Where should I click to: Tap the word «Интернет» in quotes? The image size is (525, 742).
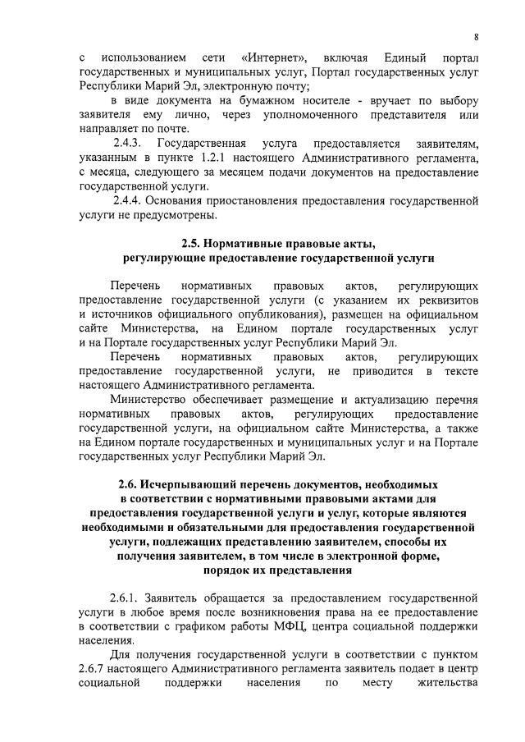[x=275, y=59]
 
